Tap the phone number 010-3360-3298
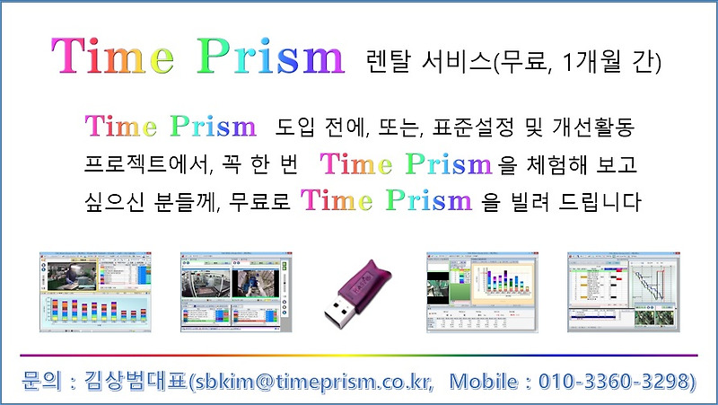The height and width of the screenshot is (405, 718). tap(615, 381)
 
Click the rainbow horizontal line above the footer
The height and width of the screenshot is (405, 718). tap(359, 356)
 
